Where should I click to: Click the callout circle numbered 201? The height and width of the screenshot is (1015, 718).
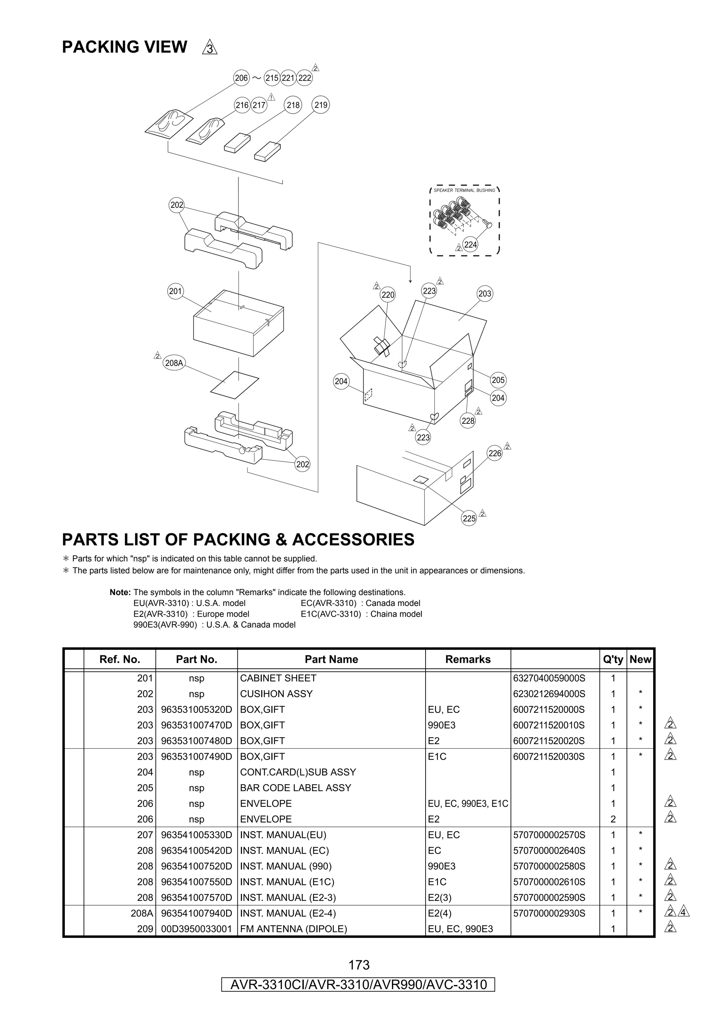[x=176, y=291]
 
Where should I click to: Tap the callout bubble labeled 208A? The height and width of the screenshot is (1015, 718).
[x=174, y=363]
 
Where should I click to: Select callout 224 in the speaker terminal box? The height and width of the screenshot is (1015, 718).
[x=470, y=245]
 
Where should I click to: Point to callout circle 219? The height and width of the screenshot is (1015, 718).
[x=321, y=105]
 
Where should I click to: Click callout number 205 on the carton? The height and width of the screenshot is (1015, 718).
[x=498, y=380]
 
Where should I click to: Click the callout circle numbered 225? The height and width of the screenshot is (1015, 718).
[x=469, y=519]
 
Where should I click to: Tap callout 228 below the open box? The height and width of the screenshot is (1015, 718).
[x=468, y=421]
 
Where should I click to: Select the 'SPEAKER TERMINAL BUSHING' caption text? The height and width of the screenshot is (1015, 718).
[x=464, y=190]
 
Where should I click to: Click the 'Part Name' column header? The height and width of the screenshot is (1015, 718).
[x=331, y=659]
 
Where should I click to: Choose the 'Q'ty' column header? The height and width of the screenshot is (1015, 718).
[x=613, y=659]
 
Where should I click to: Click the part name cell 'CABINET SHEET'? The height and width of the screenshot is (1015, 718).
[x=278, y=678]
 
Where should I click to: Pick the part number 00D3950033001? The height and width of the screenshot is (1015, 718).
[x=196, y=929]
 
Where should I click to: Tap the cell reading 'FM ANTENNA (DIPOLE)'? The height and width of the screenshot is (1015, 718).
[x=293, y=929]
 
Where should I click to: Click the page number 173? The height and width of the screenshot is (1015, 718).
[x=359, y=964]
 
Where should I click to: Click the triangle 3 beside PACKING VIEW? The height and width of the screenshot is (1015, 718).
[x=210, y=48]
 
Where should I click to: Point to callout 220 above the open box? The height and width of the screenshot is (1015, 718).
[x=388, y=295]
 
